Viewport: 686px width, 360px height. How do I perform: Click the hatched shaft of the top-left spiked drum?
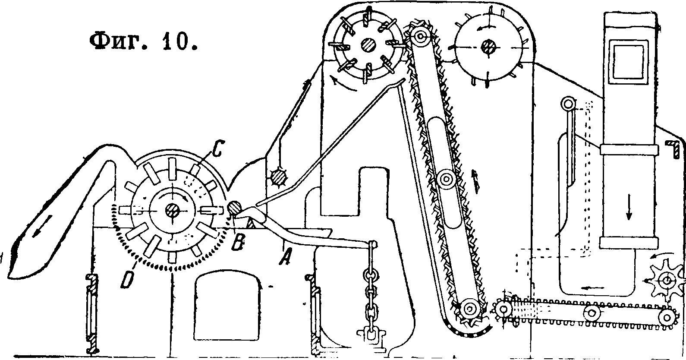368,45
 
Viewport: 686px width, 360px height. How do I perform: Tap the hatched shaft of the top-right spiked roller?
489,46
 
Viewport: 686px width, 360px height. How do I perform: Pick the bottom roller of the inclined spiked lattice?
469,309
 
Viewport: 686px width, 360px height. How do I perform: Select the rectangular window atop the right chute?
628,61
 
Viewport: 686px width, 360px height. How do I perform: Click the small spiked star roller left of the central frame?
277,177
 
